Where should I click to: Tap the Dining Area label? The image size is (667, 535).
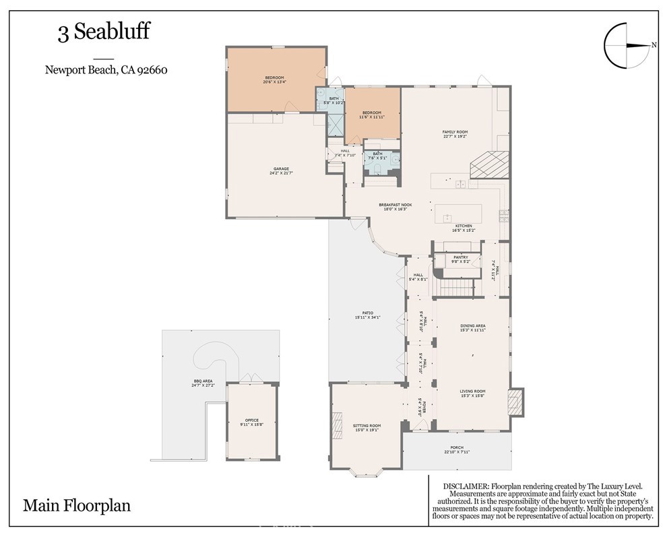pos(472,327)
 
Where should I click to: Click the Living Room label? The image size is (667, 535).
pos(472,393)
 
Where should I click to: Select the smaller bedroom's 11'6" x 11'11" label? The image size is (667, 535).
pos(372,115)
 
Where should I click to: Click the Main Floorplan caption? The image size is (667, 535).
pos(77,505)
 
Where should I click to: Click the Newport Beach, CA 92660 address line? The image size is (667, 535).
pos(106,69)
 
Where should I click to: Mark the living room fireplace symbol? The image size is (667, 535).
pos(515,401)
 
